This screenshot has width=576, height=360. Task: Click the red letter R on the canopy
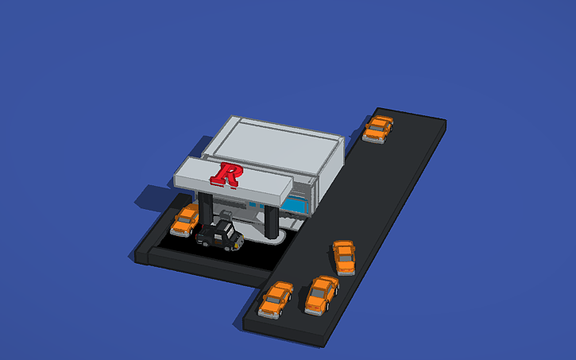[229, 174]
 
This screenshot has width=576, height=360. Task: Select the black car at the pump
[220, 236]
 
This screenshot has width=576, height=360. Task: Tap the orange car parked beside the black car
[185, 220]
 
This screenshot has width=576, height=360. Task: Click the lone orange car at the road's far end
[378, 129]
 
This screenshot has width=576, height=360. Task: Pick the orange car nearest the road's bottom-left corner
[276, 300]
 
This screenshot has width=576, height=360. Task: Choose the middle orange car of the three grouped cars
[322, 294]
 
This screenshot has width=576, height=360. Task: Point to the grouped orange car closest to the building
[344, 257]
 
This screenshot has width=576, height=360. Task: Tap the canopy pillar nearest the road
[272, 223]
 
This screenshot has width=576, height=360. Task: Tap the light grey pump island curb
[262, 239]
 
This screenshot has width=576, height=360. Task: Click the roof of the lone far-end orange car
[380, 126]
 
